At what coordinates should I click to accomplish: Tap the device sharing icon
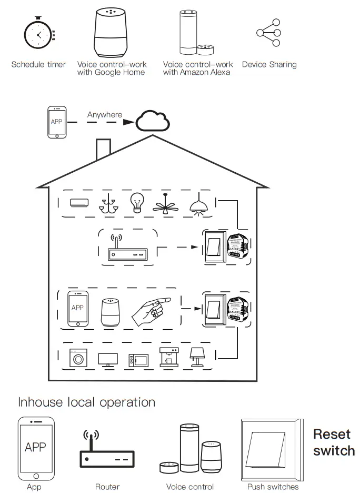coord(268,33)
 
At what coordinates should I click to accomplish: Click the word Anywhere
coord(104,114)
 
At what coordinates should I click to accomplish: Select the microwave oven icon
coord(138,360)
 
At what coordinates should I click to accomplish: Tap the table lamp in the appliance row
coord(197,357)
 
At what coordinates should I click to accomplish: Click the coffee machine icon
coord(168,357)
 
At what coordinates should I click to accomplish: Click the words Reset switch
coord(334,442)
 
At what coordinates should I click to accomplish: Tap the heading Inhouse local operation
coord(87,402)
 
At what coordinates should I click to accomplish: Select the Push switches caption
coord(273,487)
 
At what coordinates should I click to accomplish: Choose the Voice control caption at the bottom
coord(190,487)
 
